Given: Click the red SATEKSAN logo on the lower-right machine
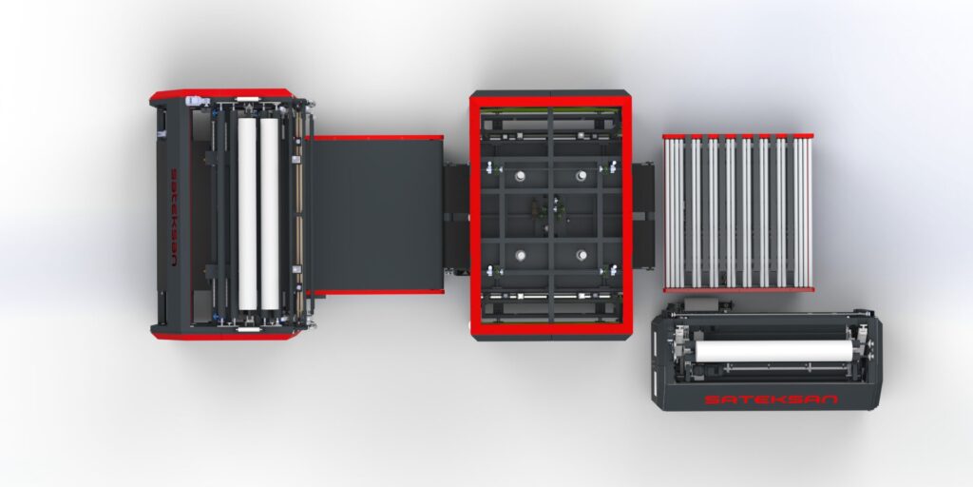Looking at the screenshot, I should pyautogui.click(x=771, y=399).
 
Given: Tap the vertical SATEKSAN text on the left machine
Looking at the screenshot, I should pyautogui.click(x=174, y=215).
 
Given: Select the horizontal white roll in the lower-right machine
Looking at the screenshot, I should pyautogui.click(x=773, y=351).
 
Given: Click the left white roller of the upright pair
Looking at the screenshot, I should pyautogui.click(x=248, y=214).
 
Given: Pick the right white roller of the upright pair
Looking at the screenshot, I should pyautogui.click(x=270, y=214).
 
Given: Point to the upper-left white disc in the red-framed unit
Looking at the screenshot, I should pyautogui.click(x=521, y=176).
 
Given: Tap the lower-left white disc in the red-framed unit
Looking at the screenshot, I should pyautogui.click(x=521, y=254).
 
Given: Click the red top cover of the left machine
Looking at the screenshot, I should pyautogui.click(x=222, y=95).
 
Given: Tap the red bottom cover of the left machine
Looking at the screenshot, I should pyautogui.click(x=222, y=334).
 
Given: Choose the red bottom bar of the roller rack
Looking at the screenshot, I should pyautogui.click(x=738, y=289).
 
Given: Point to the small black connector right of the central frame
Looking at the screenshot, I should pyautogui.click(x=643, y=215).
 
